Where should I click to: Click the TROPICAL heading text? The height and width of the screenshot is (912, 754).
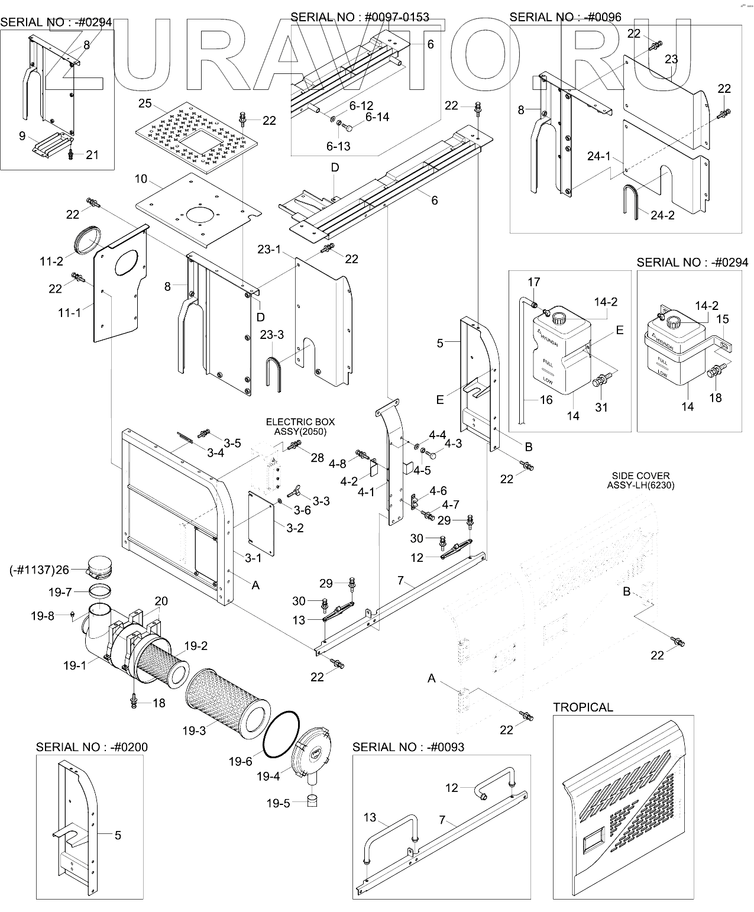coord(583,707)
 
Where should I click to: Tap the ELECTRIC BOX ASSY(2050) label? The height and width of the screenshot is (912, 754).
coord(300,426)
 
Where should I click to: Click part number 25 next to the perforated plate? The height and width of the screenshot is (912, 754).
coord(145,104)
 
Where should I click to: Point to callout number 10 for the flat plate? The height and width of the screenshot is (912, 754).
coord(140,179)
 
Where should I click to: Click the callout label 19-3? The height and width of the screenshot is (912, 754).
coord(194,731)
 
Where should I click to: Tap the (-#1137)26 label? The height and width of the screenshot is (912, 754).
coord(40,570)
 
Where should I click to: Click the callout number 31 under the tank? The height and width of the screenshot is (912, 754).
coord(601,407)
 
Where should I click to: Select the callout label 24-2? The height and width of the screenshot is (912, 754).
coord(662,215)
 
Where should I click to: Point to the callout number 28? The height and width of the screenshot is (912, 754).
coord(317,457)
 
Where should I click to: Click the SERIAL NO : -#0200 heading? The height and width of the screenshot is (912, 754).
coord(92,746)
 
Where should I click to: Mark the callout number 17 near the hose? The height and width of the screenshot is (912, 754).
coord(533,282)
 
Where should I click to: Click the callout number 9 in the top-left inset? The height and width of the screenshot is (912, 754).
coord(22,136)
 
